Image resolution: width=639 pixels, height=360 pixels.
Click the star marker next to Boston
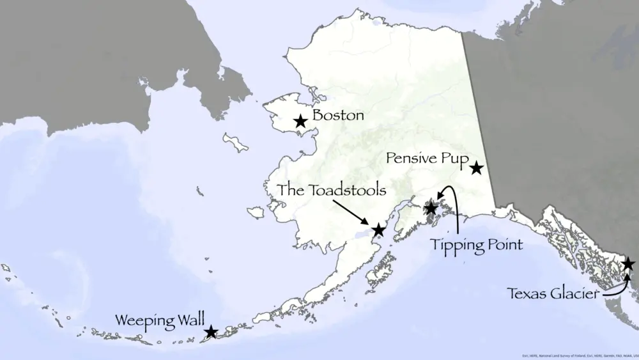[x=300, y=121]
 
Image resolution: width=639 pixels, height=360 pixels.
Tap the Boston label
[x=338, y=116]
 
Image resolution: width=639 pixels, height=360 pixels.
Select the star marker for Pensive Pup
[x=476, y=168]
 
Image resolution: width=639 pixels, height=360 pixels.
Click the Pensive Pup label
[x=428, y=159]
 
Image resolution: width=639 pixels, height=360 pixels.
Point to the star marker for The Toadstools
[x=378, y=230]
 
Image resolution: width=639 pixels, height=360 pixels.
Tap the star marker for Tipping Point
[x=431, y=208]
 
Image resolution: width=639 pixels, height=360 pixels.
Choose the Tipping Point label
[x=476, y=244]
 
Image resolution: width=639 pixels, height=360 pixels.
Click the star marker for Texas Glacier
[x=628, y=263]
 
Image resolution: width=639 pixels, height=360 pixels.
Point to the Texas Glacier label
[x=553, y=293]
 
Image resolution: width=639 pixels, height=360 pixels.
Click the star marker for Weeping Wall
[x=211, y=331]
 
